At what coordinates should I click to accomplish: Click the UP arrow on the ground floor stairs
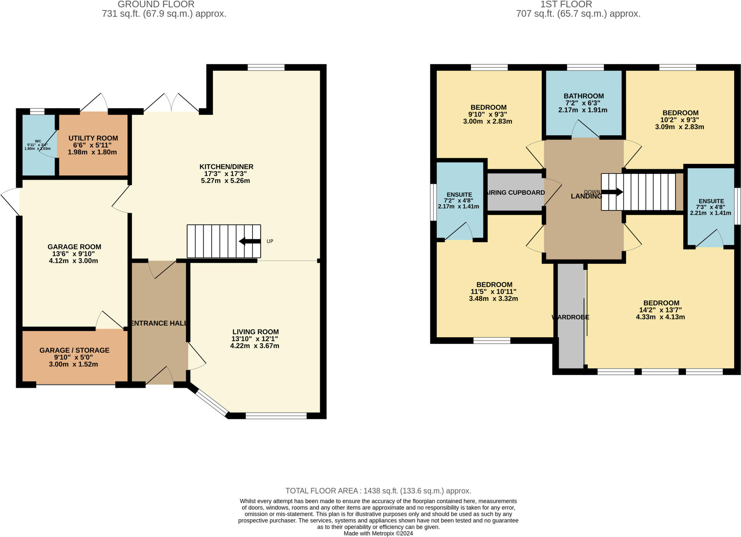[x=250, y=241]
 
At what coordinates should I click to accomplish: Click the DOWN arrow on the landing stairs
[x=612, y=192]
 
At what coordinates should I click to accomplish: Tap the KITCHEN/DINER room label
[x=226, y=167]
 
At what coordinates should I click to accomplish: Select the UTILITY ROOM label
[x=93, y=138]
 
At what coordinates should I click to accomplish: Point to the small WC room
[x=38, y=145]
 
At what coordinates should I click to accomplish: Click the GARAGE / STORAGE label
[x=74, y=350]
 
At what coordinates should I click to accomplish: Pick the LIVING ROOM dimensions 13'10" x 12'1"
[x=255, y=339]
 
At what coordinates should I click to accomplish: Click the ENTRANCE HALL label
[x=158, y=323]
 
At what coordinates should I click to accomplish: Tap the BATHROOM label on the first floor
[x=583, y=96]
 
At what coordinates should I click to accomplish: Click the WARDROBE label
[x=570, y=317]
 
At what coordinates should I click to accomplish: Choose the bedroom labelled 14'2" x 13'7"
[x=661, y=310]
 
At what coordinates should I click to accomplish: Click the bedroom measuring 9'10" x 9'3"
[x=488, y=114]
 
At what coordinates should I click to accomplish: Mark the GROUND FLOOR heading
[x=156, y=4]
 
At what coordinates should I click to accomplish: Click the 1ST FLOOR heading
[x=566, y=4]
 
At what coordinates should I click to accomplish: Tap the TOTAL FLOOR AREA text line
[x=378, y=491]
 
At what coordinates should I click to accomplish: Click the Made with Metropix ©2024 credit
[x=378, y=533]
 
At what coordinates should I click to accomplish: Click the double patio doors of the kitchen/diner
[x=172, y=104]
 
